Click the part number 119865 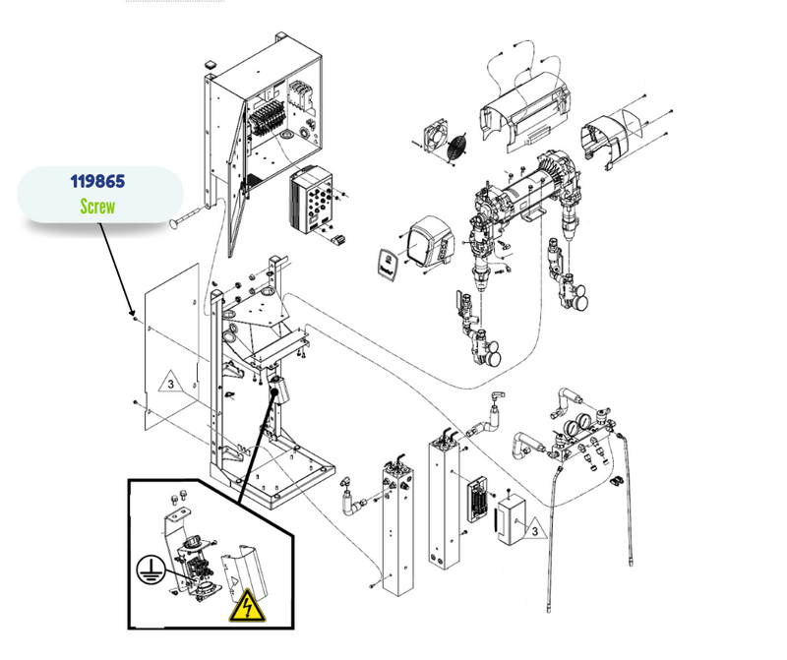point(97,182)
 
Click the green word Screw point(97,208)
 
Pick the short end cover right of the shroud point(611,138)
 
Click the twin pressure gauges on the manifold point(578,424)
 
